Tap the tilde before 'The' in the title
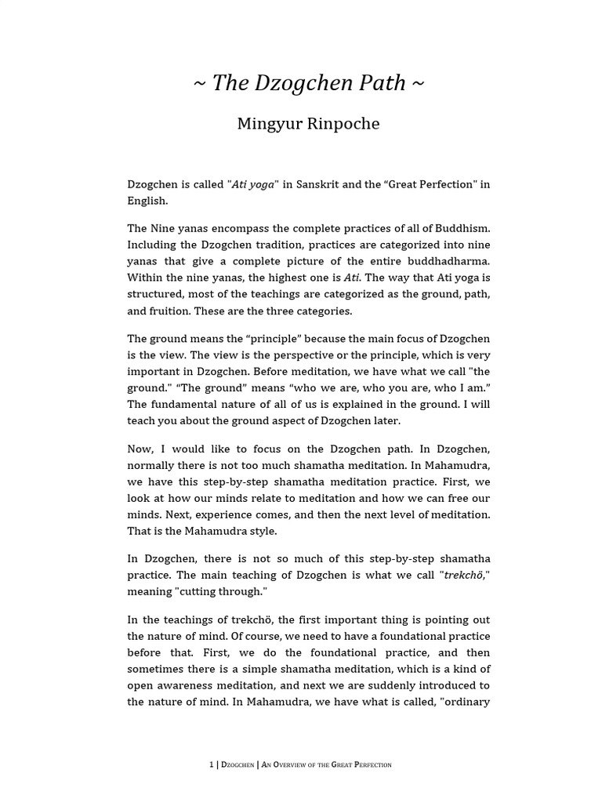[200, 84]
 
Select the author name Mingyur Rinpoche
[308, 124]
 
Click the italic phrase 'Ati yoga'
[253, 184]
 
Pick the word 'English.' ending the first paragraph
[147, 200]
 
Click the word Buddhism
[462, 228]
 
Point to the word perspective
[293, 355]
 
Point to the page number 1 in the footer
[211, 765]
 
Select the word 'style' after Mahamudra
[261, 531]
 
